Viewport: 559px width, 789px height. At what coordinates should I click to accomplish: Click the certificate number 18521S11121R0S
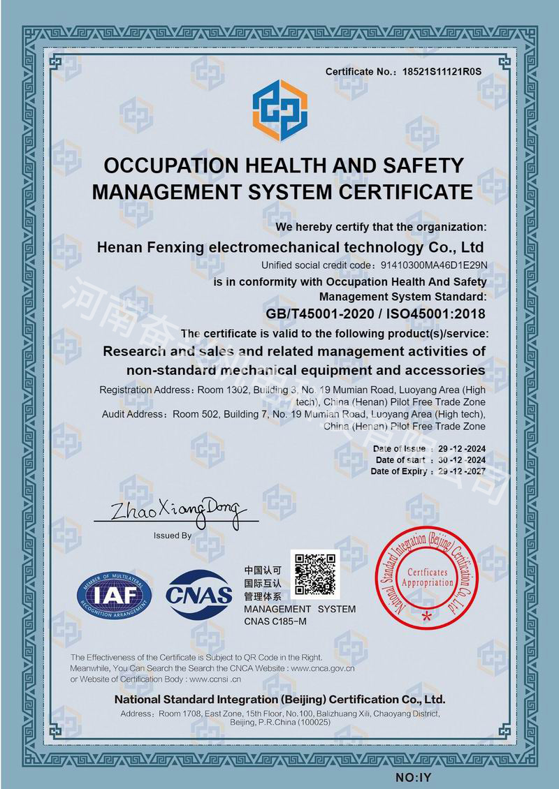pos(443,72)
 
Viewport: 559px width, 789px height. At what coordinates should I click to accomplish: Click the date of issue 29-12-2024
pos(461,448)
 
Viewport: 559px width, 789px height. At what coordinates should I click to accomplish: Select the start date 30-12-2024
pos(461,460)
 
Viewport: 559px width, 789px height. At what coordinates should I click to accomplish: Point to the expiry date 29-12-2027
pos(461,472)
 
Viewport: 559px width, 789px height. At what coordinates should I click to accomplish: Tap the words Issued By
pos(172,536)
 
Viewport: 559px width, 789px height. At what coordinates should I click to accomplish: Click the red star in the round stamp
pos(427,616)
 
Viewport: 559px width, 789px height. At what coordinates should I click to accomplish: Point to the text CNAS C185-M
pos(275,621)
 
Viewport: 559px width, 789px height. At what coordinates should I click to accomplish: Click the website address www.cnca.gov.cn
pos(323,668)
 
